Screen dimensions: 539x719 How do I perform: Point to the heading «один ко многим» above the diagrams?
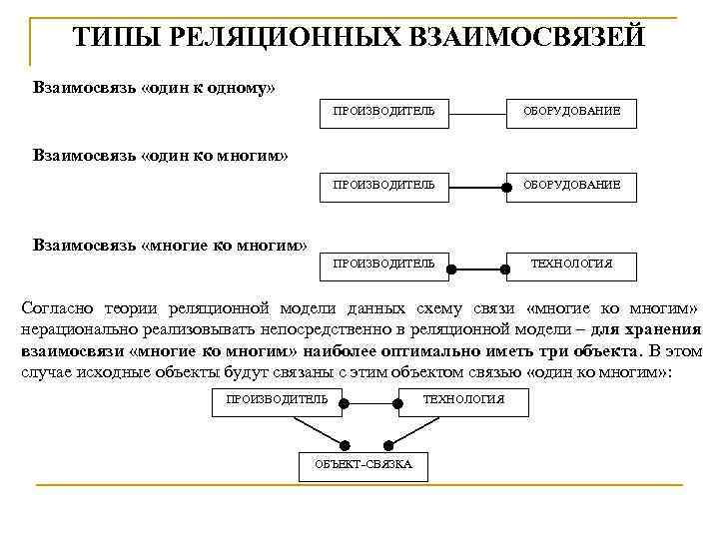pyautogui.click(x=215, y=156)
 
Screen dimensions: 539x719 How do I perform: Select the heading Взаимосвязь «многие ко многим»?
pyautogui.click(x=170, y=244)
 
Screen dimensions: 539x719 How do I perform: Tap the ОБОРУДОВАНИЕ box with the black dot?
pyautogui.click(x=571, y=185)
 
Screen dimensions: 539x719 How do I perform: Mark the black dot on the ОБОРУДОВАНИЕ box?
pyautogui.click(x=506, y=186)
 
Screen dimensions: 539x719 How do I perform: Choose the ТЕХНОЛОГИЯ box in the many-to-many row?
pyautogui.click(x=571, y=264)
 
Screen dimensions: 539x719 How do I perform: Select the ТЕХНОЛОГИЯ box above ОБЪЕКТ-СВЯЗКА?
pyautogui.click(x=463, y=400)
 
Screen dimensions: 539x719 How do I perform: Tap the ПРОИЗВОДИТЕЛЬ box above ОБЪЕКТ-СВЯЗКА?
pyautogui.click(x=277, y=400)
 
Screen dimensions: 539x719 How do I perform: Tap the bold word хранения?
pyautogui.click(x=661, y=329)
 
